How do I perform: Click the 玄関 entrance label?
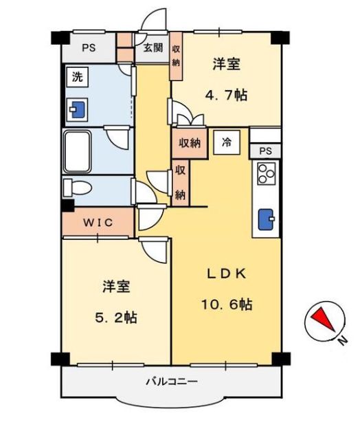pyautogui.click(x=153, y=48)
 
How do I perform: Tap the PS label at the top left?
pyautogui.click(x=88, y=48)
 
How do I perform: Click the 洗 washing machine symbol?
pyautogui.click(x=77, y=77)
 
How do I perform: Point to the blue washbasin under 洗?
pyautogui.click(x=77, y=109)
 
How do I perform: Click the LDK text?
pyautogui.click(x=226, y=273)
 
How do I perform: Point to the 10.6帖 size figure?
pyautogui.click(x=226, y=303)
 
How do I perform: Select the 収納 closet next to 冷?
pyautogui.click(x=190, y=143)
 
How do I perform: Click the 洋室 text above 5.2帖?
pyautogui.click(x=115, y=287)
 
